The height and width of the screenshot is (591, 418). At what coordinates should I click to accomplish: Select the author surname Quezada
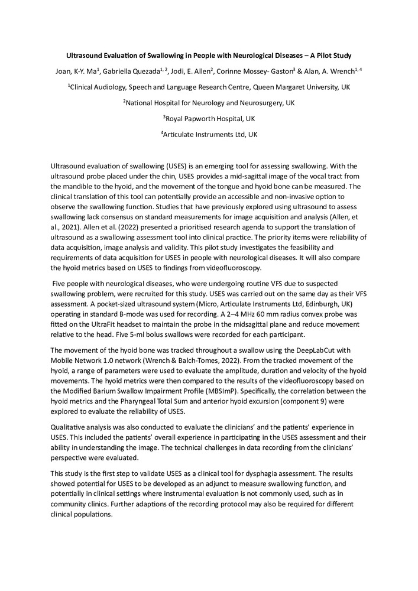pos(145,72)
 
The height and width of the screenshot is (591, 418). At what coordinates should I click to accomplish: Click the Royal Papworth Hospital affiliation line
pos(209,118)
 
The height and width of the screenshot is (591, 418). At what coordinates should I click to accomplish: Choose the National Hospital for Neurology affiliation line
pos(209,103)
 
